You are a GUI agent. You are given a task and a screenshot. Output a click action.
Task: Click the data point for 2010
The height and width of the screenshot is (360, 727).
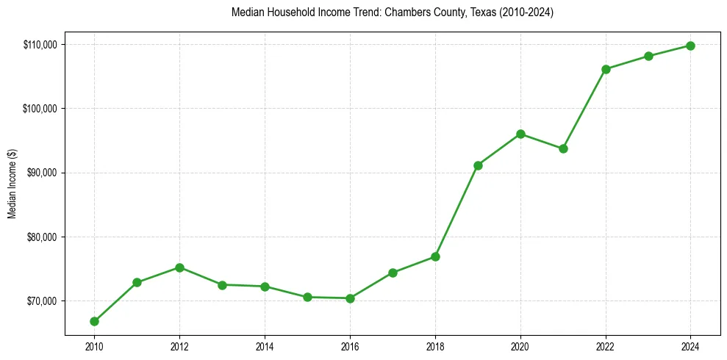click(94, 321)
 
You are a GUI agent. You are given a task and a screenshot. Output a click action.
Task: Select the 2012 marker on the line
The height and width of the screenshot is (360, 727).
click(179, 267)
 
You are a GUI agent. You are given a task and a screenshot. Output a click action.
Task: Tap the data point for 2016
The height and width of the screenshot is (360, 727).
click(350, 298)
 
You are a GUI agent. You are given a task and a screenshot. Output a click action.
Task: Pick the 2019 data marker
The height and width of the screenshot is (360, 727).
click(478, 165)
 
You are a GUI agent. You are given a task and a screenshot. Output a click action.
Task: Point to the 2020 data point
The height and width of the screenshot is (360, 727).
click(520, 134)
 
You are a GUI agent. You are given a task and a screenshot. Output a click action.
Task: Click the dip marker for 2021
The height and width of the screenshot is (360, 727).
click(563, 148)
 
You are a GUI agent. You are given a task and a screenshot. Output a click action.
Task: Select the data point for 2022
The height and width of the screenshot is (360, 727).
click(606, 69)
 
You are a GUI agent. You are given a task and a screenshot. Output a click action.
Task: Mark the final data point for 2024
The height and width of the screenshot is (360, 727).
click(691, 46)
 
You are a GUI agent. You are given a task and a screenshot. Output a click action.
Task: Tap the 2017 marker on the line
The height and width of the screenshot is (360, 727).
click(393, 273)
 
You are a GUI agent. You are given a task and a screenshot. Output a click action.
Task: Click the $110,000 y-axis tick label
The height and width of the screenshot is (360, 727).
click(41, 45)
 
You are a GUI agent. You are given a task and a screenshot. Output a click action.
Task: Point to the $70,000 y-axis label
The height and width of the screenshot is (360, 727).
click(43, 301)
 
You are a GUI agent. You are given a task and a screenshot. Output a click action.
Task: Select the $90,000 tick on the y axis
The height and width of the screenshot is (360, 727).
click(43, 173)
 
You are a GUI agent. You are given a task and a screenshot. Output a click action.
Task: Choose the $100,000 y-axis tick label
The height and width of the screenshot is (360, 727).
click(41, 109)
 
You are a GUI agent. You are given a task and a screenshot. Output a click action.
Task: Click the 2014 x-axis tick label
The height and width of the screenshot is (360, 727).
click(265, 346)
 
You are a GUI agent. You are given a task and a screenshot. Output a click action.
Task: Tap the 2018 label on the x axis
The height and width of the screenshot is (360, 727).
click(435, 346)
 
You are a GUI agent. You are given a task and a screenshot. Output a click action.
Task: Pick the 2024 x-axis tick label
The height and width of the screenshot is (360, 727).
click(691, 346)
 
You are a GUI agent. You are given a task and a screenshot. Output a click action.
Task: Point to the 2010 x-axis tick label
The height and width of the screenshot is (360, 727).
click(94, 346)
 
